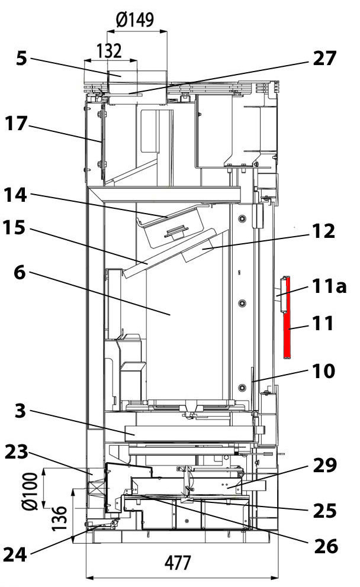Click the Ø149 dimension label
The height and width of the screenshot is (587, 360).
(135, 20)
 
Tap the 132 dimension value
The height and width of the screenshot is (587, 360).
(108, 50)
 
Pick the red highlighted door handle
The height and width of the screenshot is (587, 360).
(287, 317)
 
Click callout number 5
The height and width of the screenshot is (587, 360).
(22, 60)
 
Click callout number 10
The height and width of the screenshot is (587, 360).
(324, 371)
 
